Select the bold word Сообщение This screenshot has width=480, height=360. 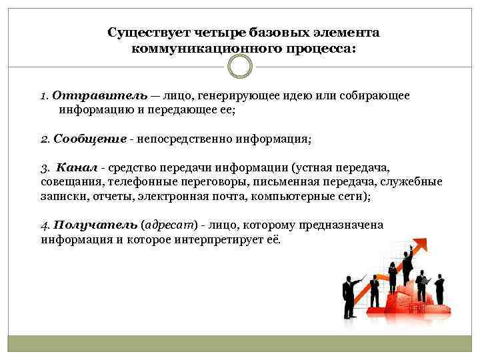tap(90, 139)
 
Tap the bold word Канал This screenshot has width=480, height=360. tap(74, 167)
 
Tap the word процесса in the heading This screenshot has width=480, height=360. tap(323, 49)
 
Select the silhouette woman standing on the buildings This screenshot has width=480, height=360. tap(392, 275)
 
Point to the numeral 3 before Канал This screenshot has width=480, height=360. tap(43, 168)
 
